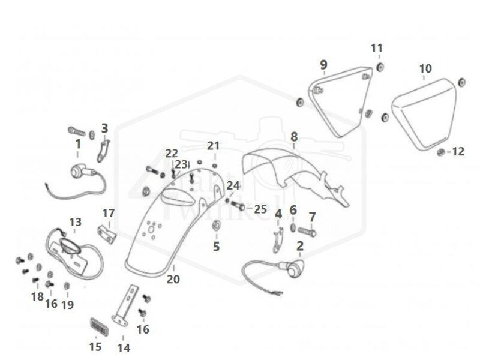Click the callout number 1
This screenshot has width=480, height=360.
(x=77, y=144)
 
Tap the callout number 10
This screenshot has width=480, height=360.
(x=425, y=69)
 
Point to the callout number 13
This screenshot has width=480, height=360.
(x=75, y=223)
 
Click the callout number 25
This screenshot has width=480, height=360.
(x=260, y=209)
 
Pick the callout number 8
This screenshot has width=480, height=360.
(x=293, y=137)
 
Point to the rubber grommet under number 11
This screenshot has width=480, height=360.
(x=380, y=66)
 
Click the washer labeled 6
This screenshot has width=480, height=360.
(x=293, y=229)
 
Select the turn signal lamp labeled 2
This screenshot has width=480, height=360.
(x=294, y=269)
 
